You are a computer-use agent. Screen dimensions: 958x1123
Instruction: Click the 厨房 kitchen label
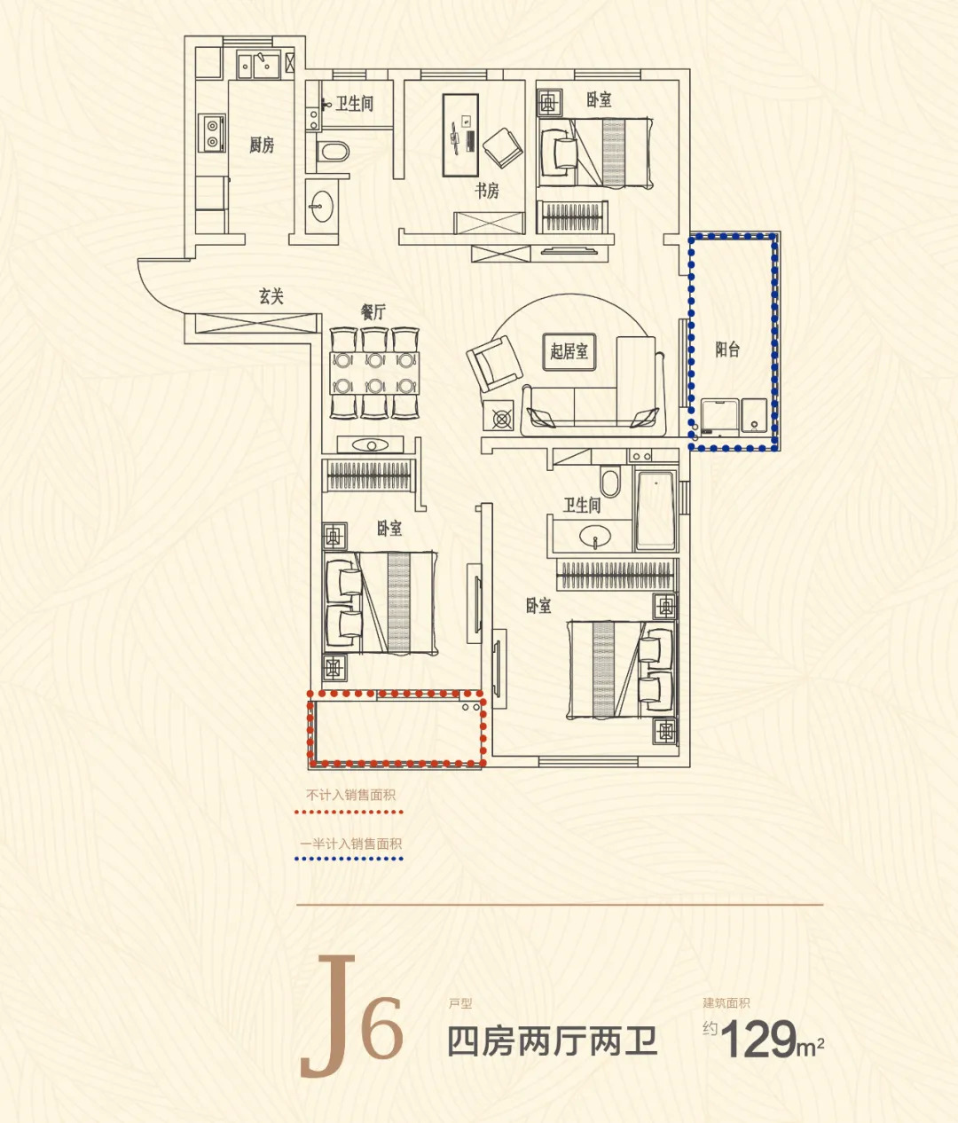coord(262,145)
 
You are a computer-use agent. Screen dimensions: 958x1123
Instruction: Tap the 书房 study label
coord(486,191)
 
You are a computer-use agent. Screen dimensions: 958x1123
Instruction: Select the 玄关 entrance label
coord(271,296)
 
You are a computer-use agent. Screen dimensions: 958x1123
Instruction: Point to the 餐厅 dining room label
coord(373,312)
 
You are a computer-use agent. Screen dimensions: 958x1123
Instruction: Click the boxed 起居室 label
coord(569,351)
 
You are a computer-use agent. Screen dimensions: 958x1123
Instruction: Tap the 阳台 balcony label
coord(727,349)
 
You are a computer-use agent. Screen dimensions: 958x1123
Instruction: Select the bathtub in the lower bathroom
coord(656,511)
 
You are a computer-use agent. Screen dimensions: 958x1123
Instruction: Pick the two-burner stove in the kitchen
coord(211,133)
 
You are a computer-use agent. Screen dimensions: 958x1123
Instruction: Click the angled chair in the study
coord(503,148)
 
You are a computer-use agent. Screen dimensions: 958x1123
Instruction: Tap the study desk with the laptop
coord(460,136)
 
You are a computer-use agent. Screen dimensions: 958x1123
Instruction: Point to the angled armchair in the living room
coord(494,363)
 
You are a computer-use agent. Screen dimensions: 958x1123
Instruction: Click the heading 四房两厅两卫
coord(552,1041)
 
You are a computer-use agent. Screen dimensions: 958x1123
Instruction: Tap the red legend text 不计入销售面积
coord(350,795)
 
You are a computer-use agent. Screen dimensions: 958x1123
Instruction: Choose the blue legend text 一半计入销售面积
coord(350,844)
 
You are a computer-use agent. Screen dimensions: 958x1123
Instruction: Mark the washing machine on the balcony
coord(719,417)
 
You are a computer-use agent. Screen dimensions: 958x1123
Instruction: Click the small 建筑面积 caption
coord(726,1003)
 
